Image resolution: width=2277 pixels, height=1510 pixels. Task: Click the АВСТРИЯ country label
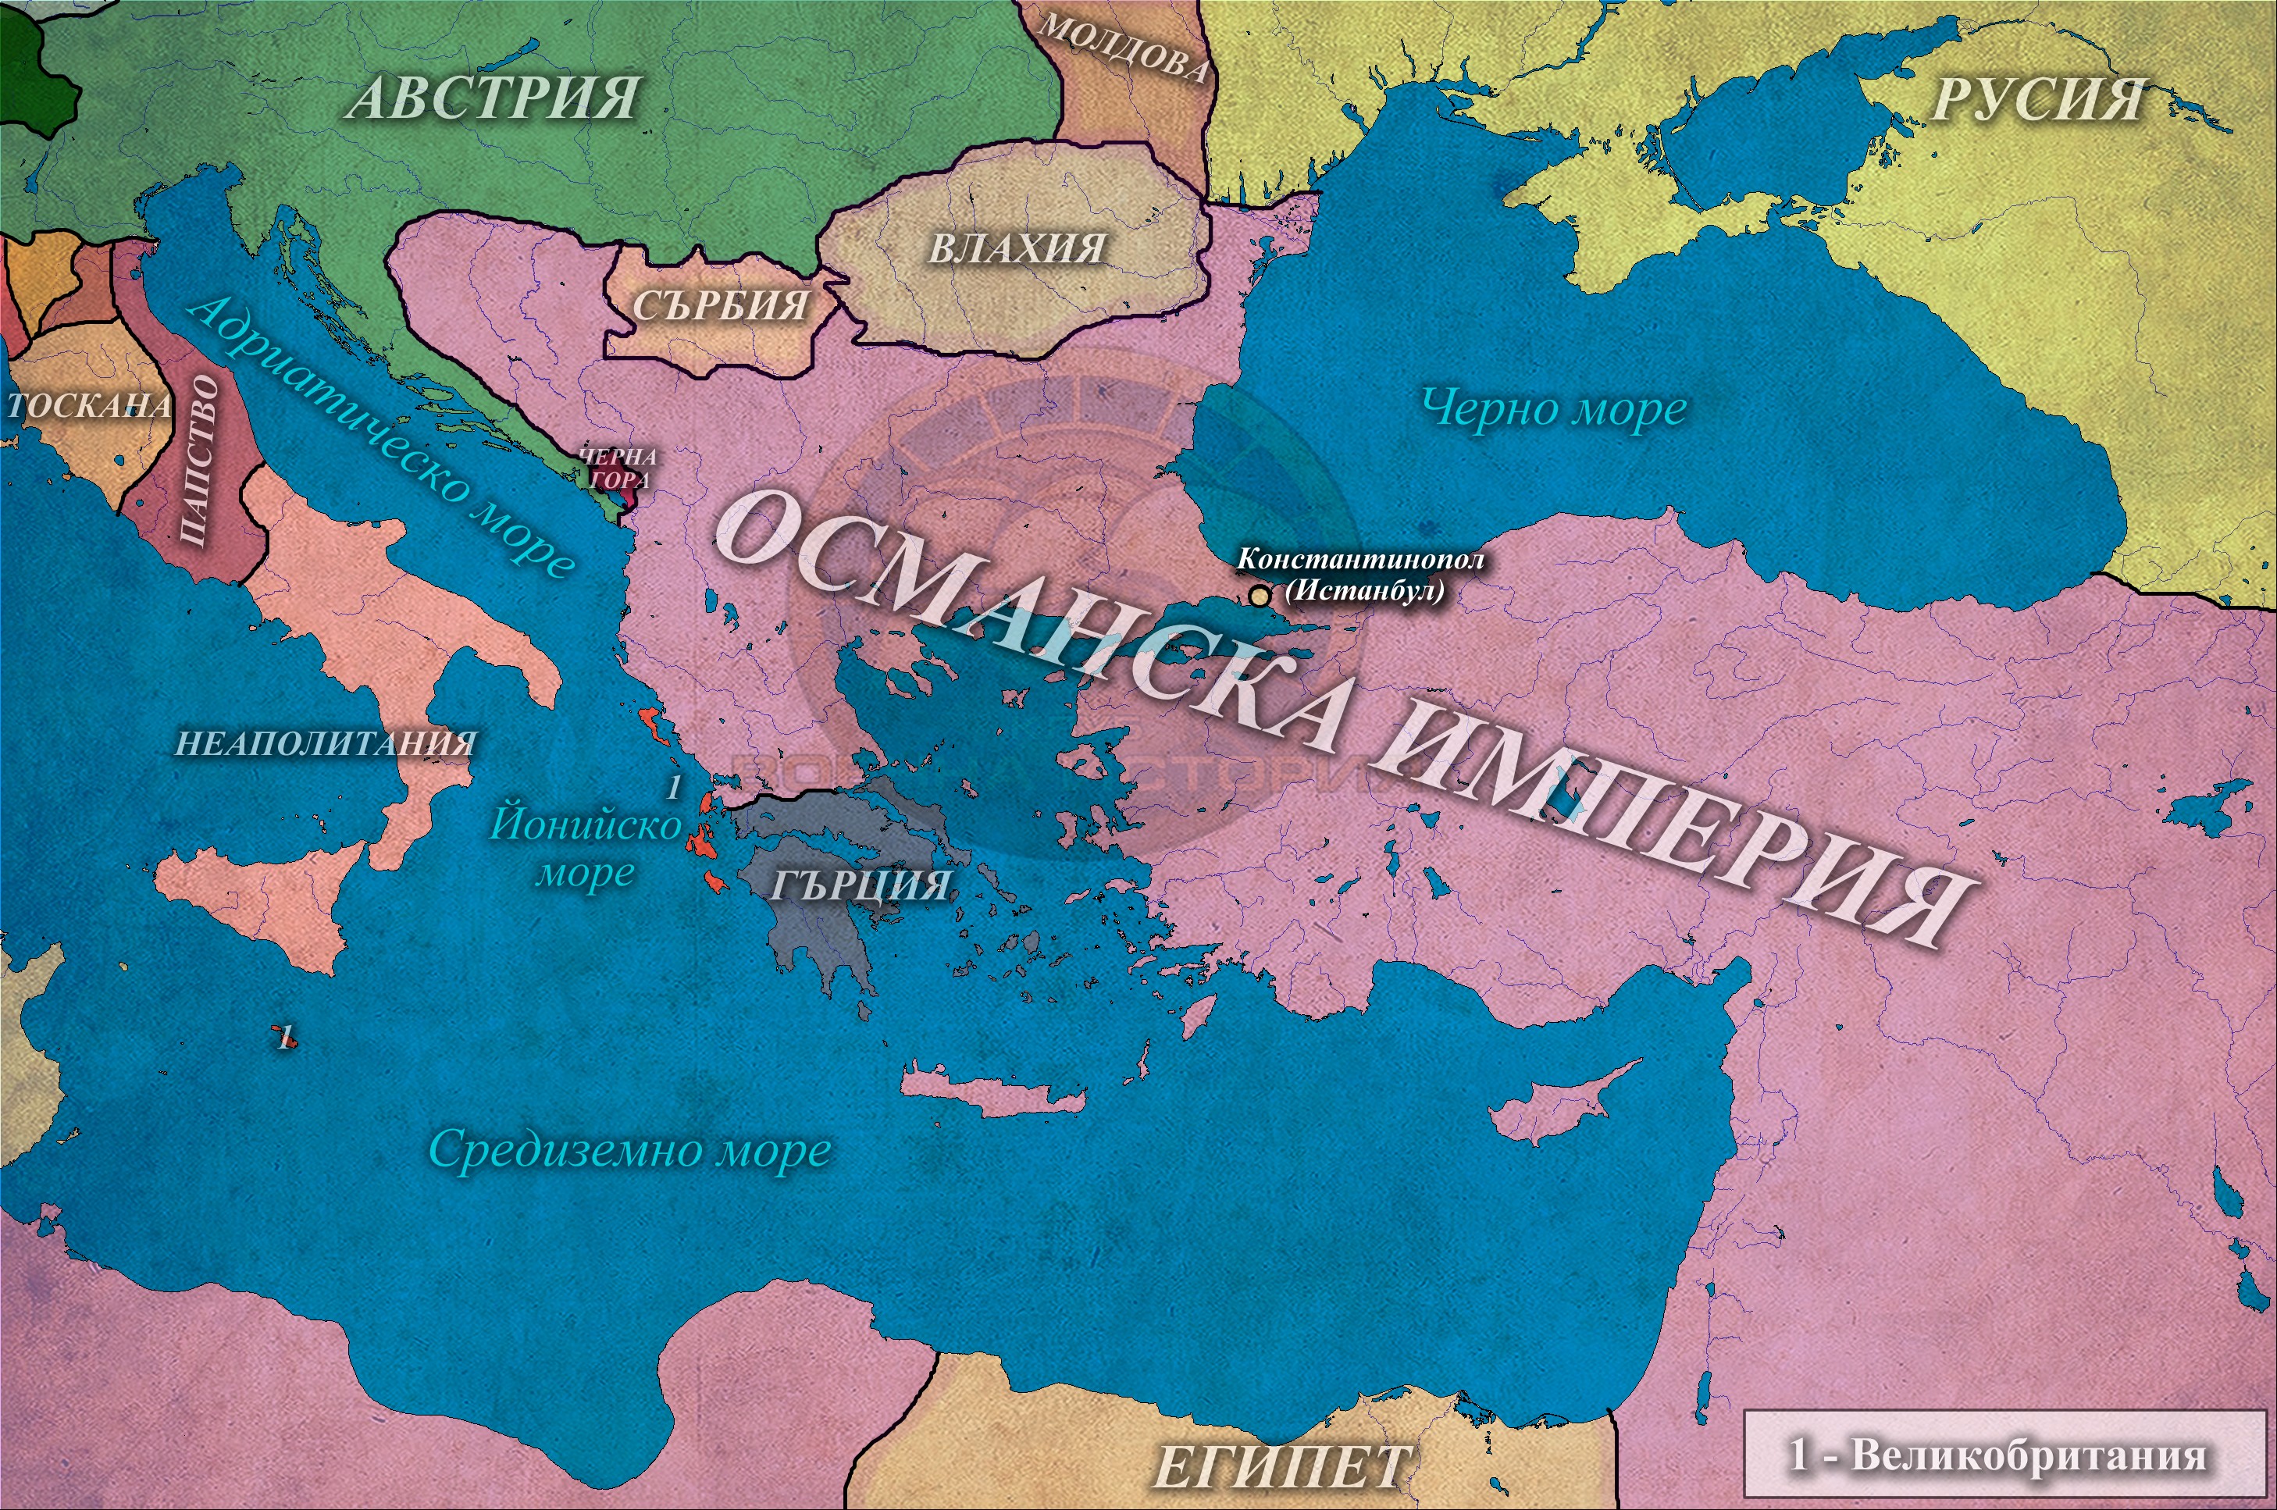click(494, 98)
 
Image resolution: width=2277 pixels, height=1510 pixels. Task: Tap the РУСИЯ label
click(2038, 100)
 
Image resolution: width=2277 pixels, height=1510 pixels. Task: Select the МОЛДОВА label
click(1123, 48)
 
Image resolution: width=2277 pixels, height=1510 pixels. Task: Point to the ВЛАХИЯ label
click(1016, 248)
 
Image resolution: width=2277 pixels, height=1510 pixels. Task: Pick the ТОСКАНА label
click(88, 405)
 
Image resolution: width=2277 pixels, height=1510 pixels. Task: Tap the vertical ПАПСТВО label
click(201, 461)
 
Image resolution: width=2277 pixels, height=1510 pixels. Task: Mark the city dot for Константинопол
click(1259, 596)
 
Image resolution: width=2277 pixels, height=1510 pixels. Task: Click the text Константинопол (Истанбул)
click(1360, 574)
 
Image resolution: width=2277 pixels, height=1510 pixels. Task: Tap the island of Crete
click(992, 1094)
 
